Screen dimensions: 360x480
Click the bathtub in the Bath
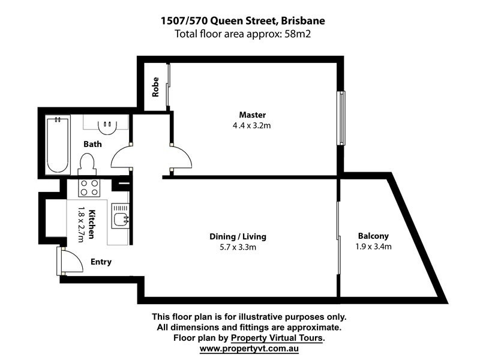coord(58,144)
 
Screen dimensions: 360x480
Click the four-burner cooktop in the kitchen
coord(89,188)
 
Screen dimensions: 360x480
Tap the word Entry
coord(101,262)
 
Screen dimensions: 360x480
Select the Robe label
coord(155,86)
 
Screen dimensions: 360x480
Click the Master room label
coord(252,115)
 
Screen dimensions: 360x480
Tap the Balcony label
coord(373,236)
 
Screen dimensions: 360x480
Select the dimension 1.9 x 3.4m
coord(373,246)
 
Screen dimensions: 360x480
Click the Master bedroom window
coord(341,118)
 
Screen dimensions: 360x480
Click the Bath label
coord(92,144)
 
